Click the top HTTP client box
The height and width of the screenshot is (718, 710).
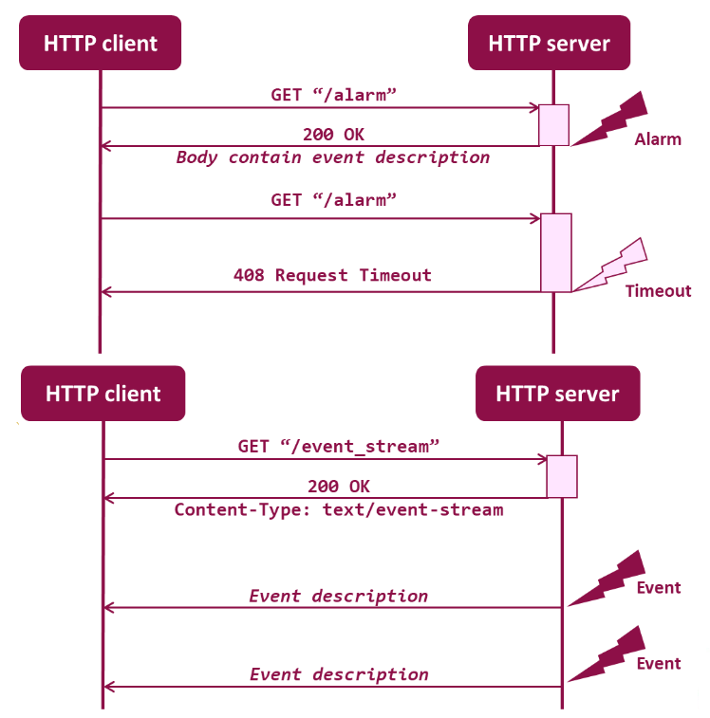[x=100, y=43]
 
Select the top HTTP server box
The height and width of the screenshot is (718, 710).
[x=549, y=43]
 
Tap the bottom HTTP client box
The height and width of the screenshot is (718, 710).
[x=103, y=393]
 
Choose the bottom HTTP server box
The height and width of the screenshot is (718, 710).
[x=557, y=393]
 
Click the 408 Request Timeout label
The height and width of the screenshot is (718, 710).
[x=332, y=275]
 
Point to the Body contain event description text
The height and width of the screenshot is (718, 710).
[x=333, y=157]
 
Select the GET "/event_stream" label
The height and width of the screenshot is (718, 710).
[x=338, y=446]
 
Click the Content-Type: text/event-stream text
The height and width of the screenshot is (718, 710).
[x=339, y=509]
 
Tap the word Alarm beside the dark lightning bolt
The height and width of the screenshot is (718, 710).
[x=658, y=139]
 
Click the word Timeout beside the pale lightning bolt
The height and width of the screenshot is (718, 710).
[x=658, y=291]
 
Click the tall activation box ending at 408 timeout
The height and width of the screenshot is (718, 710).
[x=556, y=252]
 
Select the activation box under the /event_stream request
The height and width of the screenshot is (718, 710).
[x=562, y=476]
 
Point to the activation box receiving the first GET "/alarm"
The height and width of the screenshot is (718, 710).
[x=553, y=125]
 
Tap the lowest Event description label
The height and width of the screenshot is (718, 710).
[x=339, y=674]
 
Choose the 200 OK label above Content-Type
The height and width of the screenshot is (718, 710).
[x=339, y=487]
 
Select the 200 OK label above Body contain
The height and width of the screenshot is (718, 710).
[x=333, y=134]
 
